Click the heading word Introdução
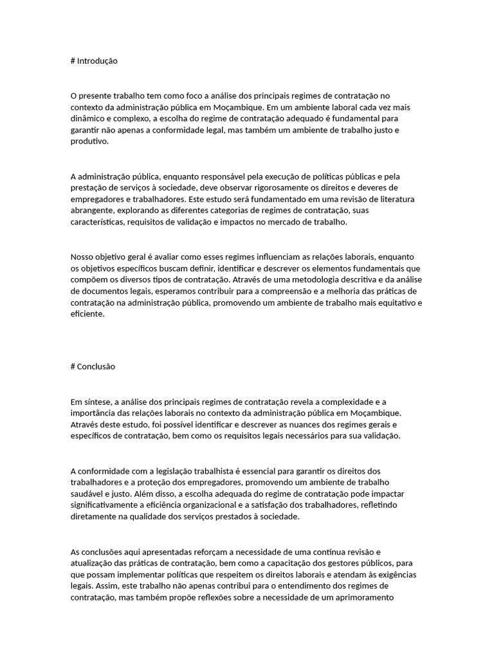pos(97,61)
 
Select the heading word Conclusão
pos(96,366)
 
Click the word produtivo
pos(89,142)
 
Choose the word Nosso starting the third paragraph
pos(84,256)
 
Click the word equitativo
pos(394,302)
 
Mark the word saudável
pos(87,494)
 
